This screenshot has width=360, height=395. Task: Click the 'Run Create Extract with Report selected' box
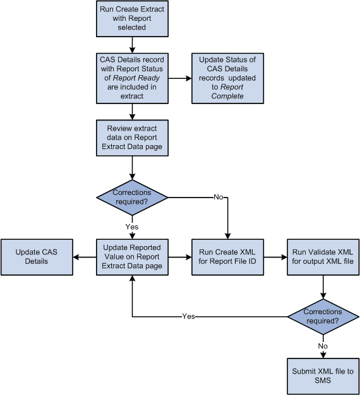(x=132, y=18)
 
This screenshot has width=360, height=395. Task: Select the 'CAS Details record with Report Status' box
(x=132, y=78)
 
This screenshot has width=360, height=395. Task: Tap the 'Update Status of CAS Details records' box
(x=227, y=78)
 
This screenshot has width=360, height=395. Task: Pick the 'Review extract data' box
(x=132, y=138)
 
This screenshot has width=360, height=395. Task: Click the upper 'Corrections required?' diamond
(x=132, y=197)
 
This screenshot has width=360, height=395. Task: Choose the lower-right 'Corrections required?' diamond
(x=323, y=316)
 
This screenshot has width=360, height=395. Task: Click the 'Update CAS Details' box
(x=37, y=256)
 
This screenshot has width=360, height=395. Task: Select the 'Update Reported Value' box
(x=132, y=256)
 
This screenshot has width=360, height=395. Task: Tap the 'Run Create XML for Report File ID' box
(x=227, y=256)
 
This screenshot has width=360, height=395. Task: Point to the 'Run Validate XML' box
(x=323, y=256)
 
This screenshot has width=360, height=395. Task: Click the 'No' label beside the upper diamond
(x=219, y=197)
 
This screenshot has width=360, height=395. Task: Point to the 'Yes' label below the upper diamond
(x=132, y=225)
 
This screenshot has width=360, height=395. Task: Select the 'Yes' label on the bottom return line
(x=188, y=316)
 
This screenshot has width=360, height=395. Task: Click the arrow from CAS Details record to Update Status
(x=179, y=78)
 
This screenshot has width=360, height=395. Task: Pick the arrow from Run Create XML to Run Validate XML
(x=275, y=256)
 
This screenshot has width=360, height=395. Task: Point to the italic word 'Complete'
(x=227, y=96)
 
